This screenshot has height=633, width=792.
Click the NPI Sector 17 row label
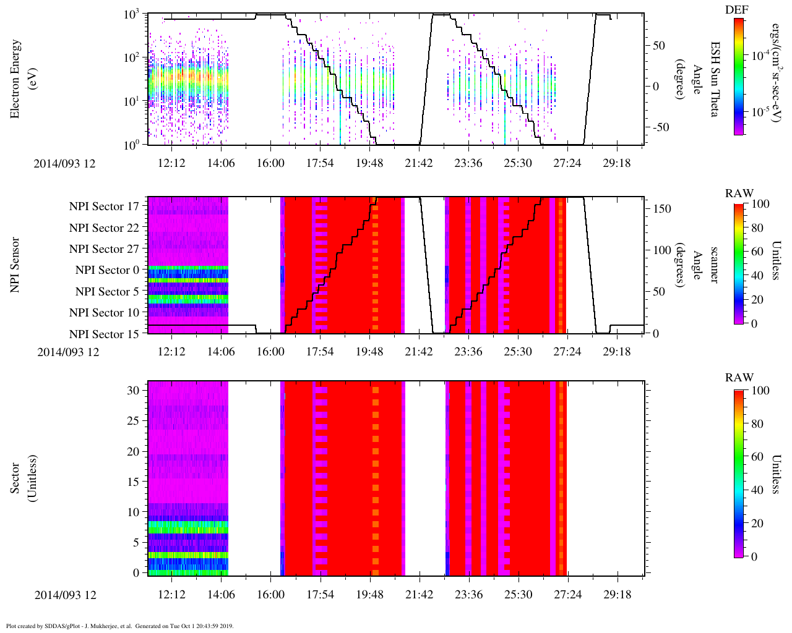point(105,206)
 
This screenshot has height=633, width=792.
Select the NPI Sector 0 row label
point(108,270)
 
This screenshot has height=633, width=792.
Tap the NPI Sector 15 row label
point(105,334)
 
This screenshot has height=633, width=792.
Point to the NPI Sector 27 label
point(105,249)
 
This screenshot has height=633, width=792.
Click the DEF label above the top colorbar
point(737,10)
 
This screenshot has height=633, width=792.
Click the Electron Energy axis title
point(22,79)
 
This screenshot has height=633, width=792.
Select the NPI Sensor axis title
point(15,265)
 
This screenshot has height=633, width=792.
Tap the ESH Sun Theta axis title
point(715,79)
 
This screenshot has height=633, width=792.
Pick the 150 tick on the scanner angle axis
point(663,209)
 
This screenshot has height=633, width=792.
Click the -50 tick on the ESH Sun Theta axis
point(658,127)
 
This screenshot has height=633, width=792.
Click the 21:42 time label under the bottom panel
point(419,595)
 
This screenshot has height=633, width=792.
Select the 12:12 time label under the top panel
point(171,163)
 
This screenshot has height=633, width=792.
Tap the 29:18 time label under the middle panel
point(617,352)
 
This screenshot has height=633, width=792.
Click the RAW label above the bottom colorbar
point(739,378)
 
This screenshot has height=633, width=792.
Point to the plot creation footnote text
point(119,626)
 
